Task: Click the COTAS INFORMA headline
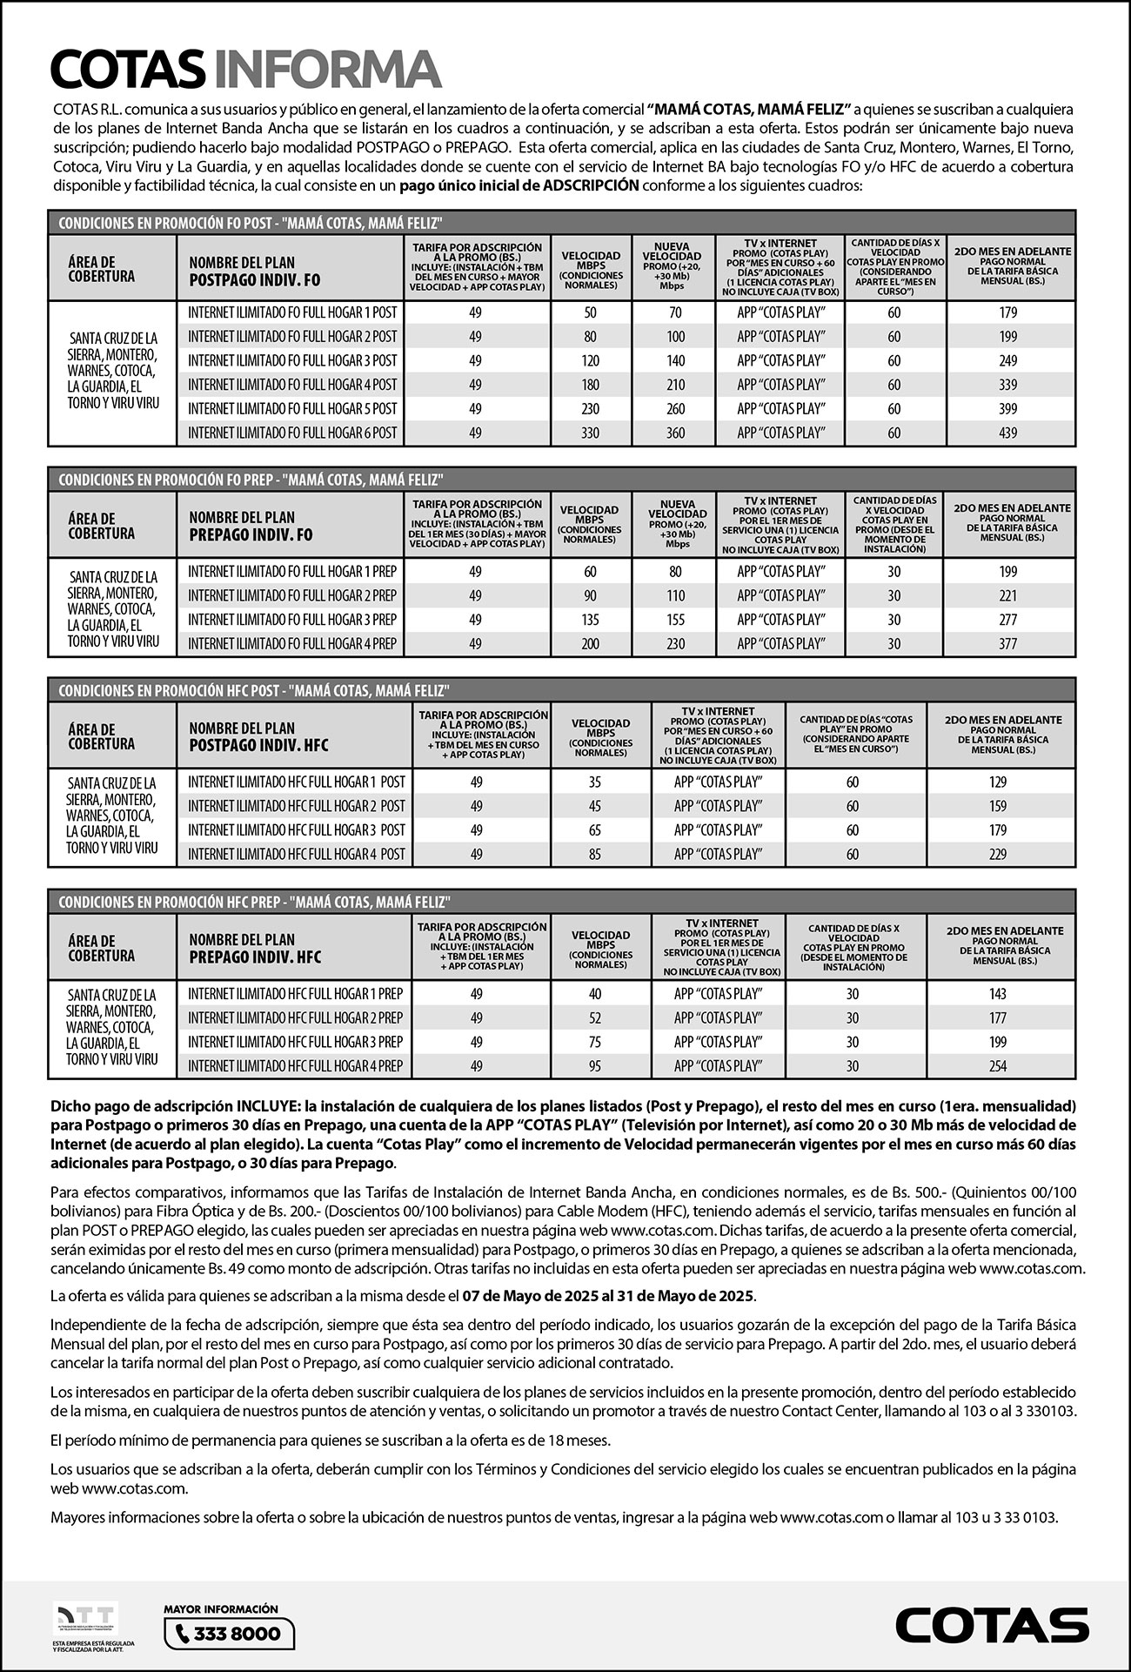(246, 70)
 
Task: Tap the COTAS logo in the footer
(991, 1624)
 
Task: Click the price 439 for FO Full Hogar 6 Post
(1007, 433)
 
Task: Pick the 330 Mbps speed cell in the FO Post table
(590, 433)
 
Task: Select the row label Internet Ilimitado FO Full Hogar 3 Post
(291, 360)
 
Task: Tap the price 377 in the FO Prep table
(1007, 644)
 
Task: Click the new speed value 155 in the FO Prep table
(675, 620)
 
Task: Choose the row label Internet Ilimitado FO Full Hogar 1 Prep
(291, 572)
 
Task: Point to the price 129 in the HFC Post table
(997, 782)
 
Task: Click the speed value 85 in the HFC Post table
(595, 855)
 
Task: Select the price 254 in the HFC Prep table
(997, 1066)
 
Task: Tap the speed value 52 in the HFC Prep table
(595, 1018)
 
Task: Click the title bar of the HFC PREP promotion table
(253, 902)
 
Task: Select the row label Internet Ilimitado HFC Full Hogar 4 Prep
(295, 1066)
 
